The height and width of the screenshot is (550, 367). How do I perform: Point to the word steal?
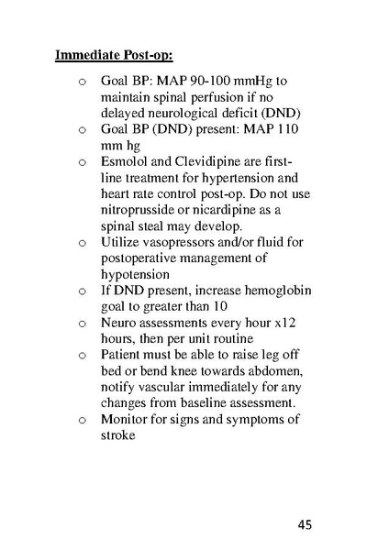point(154,226)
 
